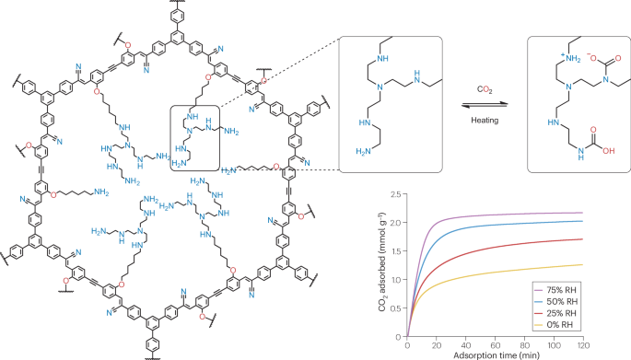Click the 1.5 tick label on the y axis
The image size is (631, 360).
coord(396,251)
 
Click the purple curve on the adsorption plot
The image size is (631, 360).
coord(479,217)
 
